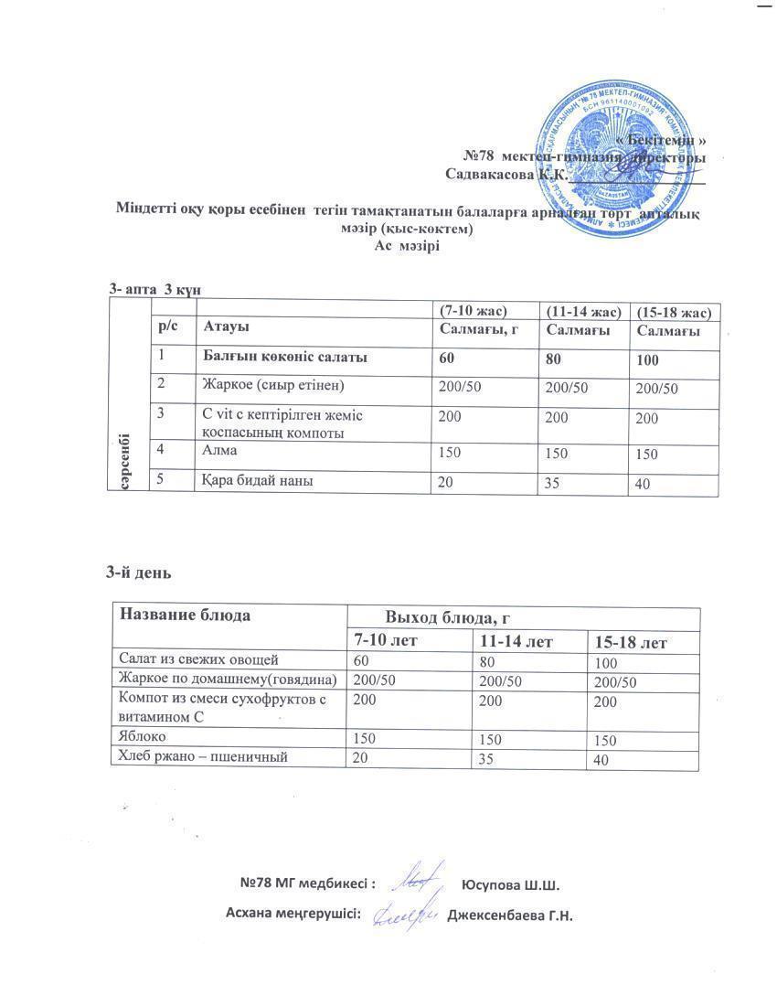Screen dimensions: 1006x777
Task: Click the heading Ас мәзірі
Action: [408, 246]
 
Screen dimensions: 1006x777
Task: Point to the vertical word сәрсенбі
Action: [122, 459]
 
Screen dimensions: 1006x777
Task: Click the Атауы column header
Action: [226, 326]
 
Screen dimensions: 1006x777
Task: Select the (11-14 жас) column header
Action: [581, 312]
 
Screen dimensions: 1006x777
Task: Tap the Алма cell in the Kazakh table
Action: [220, 449]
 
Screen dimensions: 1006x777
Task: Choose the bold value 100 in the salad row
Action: [648, 361]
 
